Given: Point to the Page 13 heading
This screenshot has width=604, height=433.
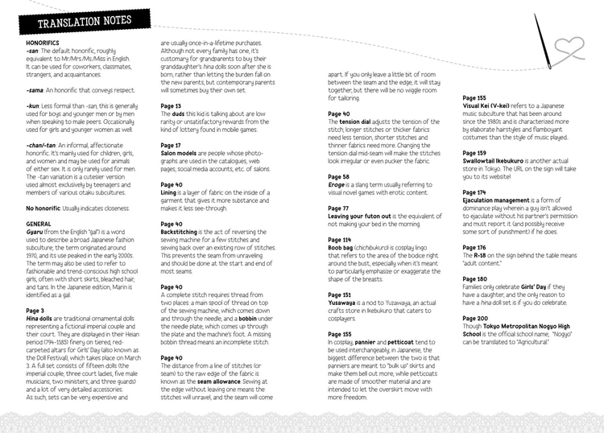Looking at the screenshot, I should tap(171, 105).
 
